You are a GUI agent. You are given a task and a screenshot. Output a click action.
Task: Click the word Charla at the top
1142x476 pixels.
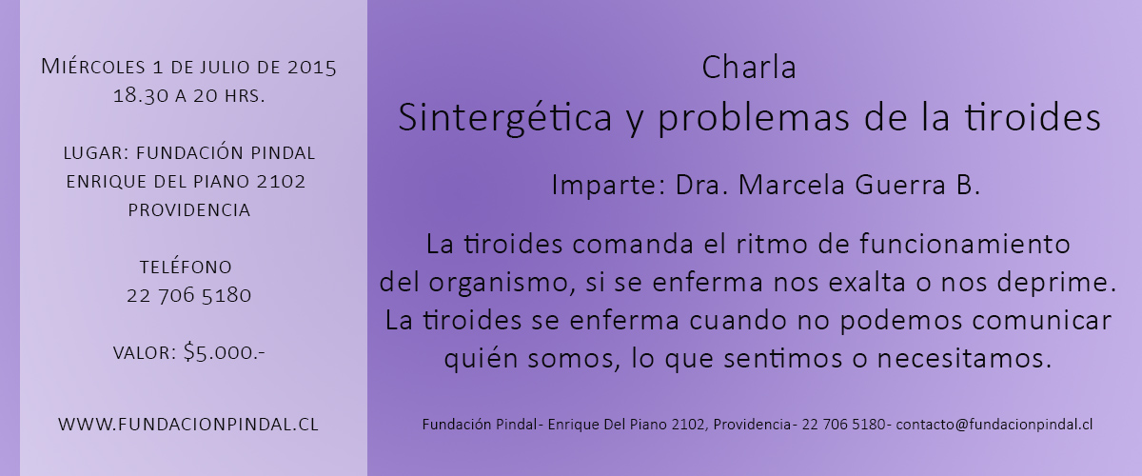(749, 68)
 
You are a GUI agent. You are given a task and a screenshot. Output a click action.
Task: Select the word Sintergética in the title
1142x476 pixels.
(504, 118)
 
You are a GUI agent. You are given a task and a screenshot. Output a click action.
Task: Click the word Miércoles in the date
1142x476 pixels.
(93, 68)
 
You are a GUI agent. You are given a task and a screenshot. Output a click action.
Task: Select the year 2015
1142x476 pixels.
(311, 68)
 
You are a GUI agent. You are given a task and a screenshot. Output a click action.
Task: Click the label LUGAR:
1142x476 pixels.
(96, 153)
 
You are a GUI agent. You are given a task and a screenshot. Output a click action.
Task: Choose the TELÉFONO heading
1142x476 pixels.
(187, 267)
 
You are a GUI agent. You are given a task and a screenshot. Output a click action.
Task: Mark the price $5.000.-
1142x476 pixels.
(225, 352)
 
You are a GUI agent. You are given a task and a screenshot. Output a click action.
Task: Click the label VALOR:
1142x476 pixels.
(145, 353)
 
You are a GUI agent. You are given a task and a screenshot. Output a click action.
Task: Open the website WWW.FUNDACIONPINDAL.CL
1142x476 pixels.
(188, 425)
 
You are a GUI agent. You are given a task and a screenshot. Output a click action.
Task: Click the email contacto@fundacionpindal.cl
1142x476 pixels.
(994, 425)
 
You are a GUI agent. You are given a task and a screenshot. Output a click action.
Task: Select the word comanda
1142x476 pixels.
(633, 245)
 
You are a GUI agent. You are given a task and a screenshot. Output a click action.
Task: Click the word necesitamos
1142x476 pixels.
(964, 359)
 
